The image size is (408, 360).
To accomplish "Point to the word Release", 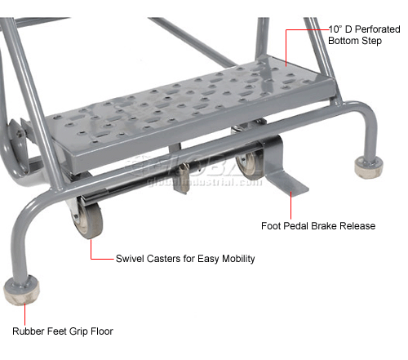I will coord(357,226).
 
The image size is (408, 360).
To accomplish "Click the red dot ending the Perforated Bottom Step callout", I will coord(286,32).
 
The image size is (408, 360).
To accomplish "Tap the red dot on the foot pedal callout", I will coord(291,193).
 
